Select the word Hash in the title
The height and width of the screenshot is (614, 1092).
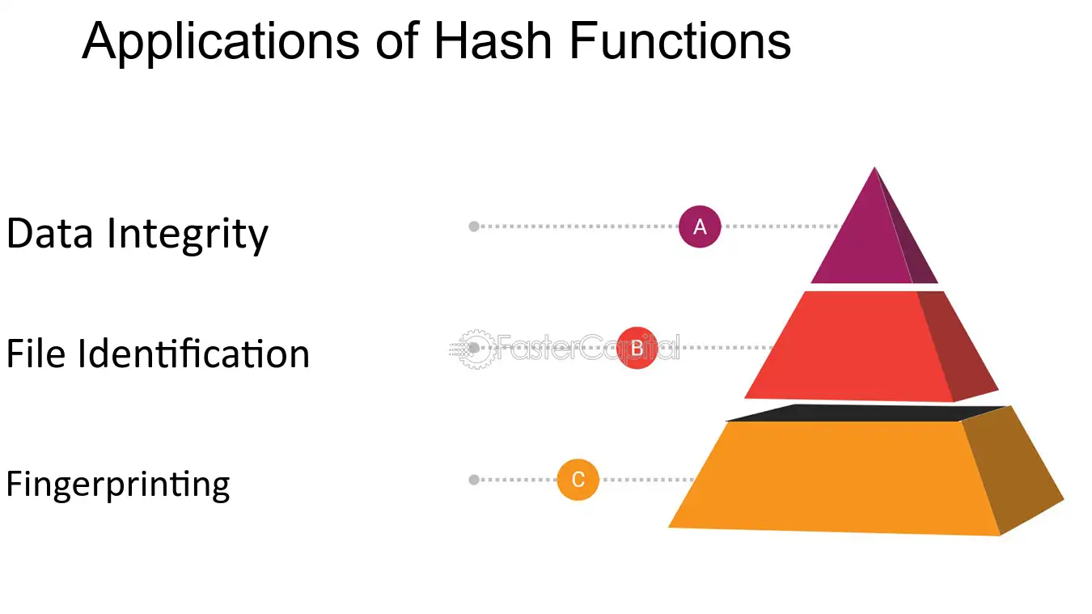[x=493, y=40]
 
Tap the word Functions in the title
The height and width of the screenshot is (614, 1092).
[x=680, y=40]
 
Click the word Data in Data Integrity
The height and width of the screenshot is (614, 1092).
[x=49, y=233]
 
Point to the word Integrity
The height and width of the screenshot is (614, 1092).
[x=188, y=235]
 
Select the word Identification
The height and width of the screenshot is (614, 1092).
[x=194, y=354]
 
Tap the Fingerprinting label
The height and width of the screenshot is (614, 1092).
[x=118, y=485]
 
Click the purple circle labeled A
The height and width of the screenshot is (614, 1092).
[x=700, y=227]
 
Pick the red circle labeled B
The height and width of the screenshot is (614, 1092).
[x=637, y=348]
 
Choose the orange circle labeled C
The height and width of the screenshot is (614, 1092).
[x=578, y=480]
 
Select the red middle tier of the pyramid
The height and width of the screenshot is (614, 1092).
[x=871, y=346]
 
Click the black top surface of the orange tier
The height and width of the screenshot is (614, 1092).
[x=866, y=413]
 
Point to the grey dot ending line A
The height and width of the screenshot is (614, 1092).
[x=474, y=227]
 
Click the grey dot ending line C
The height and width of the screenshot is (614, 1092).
[x=474, y=480]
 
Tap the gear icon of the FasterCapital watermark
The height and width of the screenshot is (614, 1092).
[x=476, y=349]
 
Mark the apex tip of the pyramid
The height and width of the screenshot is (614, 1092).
[x=874, y=167]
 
